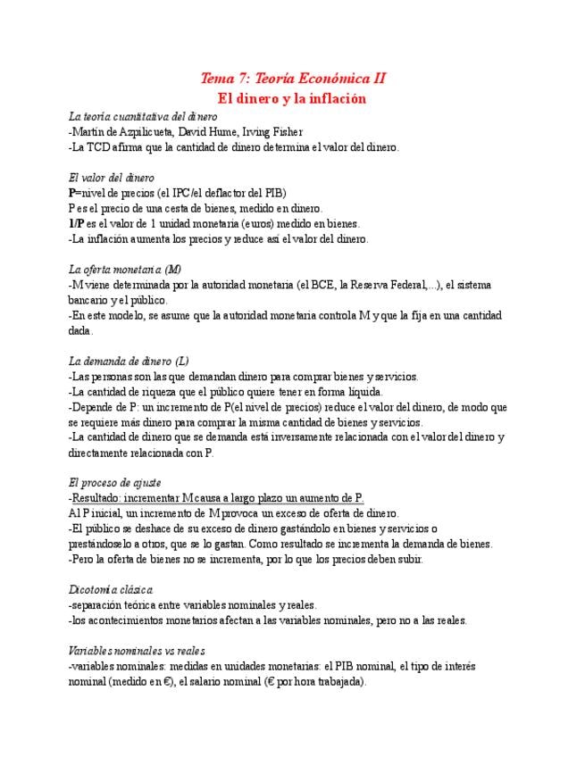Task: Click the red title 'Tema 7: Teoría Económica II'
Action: (x=293, y=79)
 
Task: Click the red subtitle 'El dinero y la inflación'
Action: (x=293, y=98)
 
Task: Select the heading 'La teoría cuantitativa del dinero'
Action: (x=143, y=117)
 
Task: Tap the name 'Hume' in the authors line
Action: (x=222, y=132)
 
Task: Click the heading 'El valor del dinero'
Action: (x=111, y=178)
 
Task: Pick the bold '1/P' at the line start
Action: (x=76, y=223)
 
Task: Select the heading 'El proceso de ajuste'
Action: (x=114, y=482)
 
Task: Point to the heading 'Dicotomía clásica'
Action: (x=111, y=589)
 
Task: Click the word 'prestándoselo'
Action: (x=104, y=544)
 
